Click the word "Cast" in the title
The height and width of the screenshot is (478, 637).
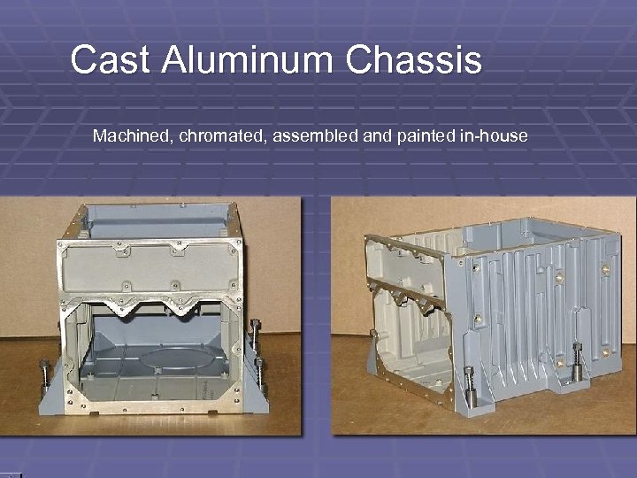pos(104,60)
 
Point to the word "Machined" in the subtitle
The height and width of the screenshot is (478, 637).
pos(126,136)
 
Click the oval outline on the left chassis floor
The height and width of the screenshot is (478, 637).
pos(181,362)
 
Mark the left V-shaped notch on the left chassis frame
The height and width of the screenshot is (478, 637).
pos(119,310)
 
